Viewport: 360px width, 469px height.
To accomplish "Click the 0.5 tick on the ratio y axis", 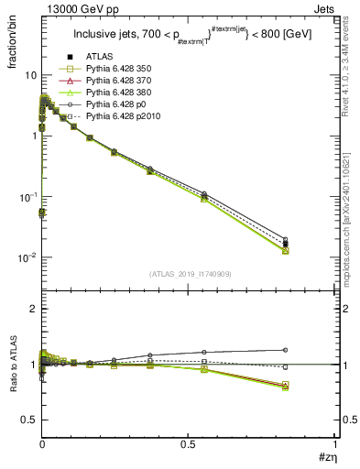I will pyautogui.click(x=28, y=420).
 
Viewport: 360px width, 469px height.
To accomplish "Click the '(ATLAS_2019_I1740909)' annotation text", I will pyautogui.click(x=191, y=274).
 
